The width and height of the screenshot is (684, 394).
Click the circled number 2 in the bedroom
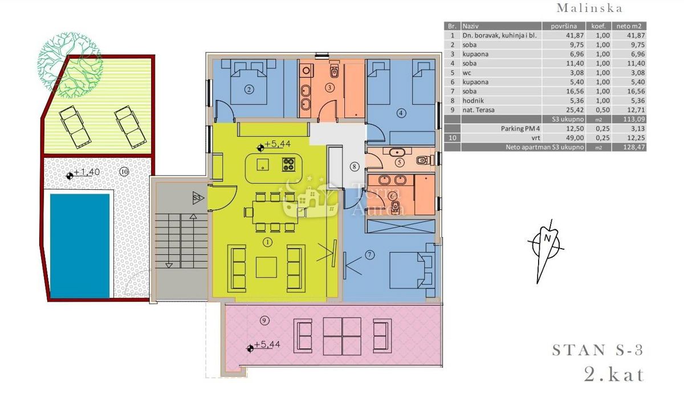point(249,90)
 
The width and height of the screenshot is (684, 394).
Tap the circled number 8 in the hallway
point(354,166)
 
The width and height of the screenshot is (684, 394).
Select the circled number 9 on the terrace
point(264,320)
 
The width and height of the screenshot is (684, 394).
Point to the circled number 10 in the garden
point(124,172)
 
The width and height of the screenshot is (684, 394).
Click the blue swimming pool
point(80,246)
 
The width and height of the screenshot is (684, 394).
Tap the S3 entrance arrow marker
point(198,198)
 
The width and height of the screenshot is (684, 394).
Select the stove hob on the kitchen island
point(289,164)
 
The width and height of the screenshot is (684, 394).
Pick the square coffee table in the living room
point(266,267)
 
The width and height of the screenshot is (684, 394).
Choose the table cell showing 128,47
point(634,147)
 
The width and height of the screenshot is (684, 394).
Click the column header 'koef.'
point(598,26)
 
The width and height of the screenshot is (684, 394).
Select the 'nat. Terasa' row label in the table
point(478,110)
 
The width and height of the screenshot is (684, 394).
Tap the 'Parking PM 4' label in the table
point(520,129)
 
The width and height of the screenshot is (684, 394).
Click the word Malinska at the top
point(589,8)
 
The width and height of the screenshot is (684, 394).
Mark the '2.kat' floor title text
point(614,375)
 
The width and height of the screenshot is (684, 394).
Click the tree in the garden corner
point(70,65)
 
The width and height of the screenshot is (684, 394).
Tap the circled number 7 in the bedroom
point(369,255)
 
